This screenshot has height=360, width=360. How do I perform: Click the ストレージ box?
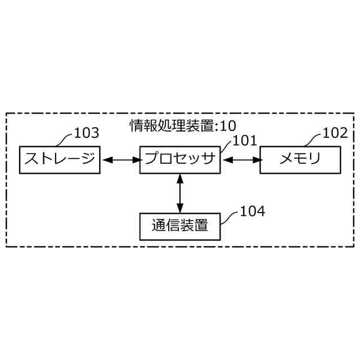[60, 160]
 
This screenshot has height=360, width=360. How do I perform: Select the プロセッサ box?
[179, 160]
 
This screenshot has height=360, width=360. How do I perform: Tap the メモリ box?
[300, 160]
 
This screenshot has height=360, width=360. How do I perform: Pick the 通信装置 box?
[179, 226]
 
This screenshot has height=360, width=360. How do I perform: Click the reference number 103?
[86, 133]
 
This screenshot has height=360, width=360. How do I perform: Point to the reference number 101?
[244, 141]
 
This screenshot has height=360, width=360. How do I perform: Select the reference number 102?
[334, 133]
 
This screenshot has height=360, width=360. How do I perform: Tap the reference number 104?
[252, 211]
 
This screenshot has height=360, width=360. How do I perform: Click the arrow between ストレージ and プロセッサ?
[120, 160]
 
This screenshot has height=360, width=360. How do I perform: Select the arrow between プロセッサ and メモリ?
[240, 160]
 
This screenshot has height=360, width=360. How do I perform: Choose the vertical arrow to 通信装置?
[179, 193]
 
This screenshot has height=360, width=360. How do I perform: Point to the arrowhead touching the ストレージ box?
[105, 160]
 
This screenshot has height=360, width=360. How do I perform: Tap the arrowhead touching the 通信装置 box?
[179, 209]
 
